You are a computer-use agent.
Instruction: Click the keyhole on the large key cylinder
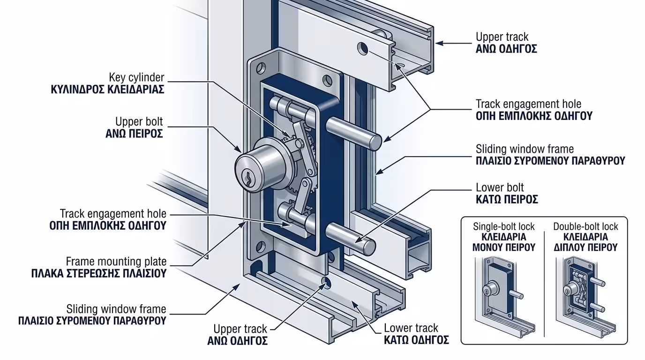point(246,178)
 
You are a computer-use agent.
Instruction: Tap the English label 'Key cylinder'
point(136,77)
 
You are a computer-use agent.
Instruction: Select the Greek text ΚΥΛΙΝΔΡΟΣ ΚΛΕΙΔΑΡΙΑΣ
point(107,90)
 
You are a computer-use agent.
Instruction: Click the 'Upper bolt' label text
point(139,122)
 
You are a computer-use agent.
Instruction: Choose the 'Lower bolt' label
point(500,187)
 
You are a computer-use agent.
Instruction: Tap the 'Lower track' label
point(411,328)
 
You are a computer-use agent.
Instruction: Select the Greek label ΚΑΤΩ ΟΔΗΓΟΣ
point(416,340)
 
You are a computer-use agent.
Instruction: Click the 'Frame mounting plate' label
point(116,261)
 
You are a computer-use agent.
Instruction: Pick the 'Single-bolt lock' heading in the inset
point(504,226)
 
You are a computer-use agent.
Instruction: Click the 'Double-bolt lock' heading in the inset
point(585,226)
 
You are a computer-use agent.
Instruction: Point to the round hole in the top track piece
point(362,48)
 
